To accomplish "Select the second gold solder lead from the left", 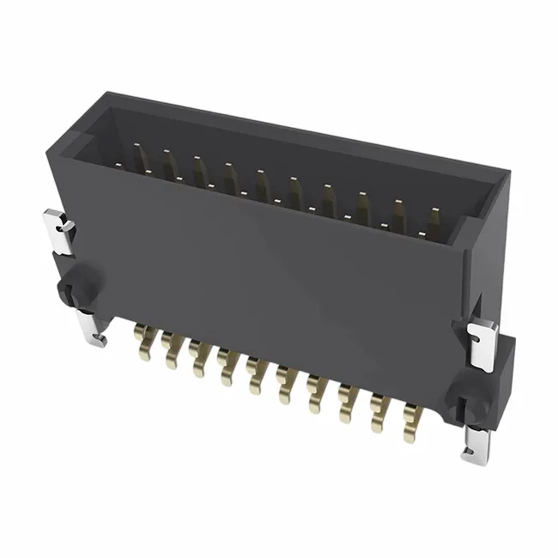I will click(170, 349).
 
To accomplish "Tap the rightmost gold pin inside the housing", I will click(434, 221).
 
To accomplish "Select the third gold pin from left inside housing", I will click(200, 171).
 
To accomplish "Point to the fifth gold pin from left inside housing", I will click(262, 184).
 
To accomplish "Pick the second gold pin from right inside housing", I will click(399, 214).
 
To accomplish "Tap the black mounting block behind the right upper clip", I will click(503, 361).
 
